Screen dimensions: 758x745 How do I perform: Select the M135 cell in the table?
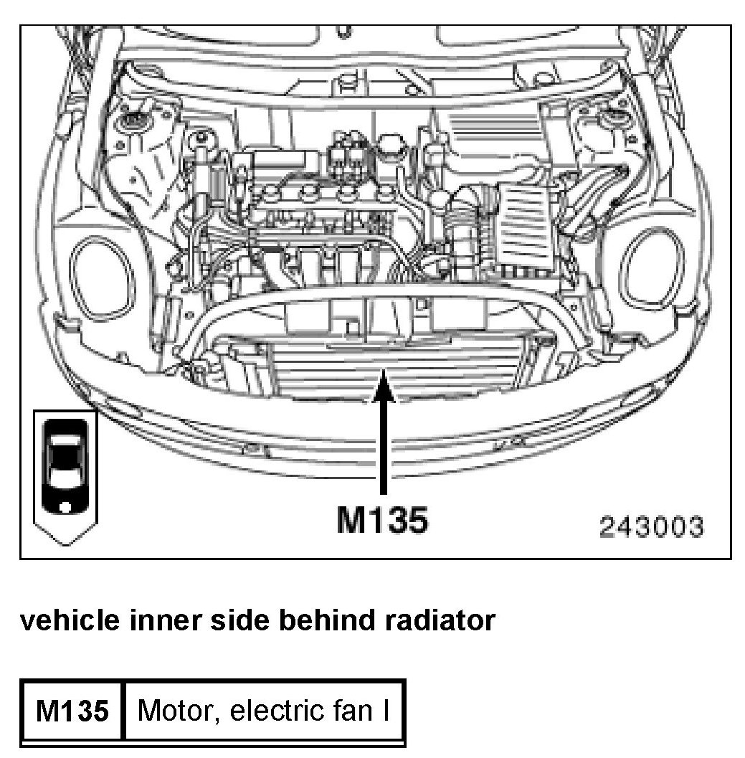(72, 711)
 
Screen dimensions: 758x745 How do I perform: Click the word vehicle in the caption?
(63, 620)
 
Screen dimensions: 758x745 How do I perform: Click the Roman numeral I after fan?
(386, 711)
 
